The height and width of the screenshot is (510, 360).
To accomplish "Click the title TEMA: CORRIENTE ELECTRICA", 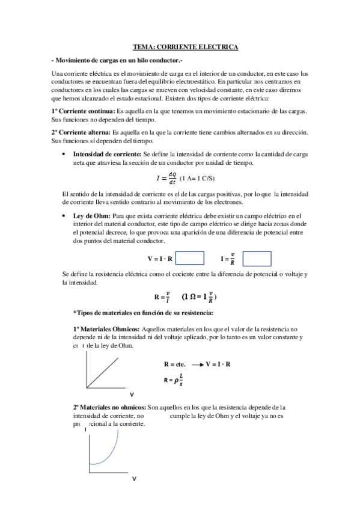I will tap(185, 47).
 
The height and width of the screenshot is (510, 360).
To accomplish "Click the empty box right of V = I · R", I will tap(190, 259).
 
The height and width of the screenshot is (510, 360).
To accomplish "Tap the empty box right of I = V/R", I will tap(257, 259).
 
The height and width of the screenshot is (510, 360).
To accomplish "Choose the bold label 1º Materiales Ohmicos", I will tap(106, 329).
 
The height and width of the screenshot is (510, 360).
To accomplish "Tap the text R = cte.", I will tap(174, 364).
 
